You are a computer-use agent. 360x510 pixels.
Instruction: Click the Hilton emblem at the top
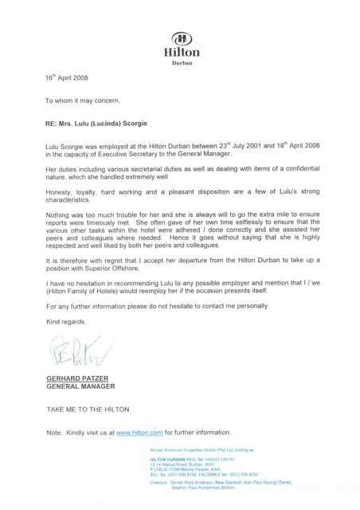(x=182, y=38)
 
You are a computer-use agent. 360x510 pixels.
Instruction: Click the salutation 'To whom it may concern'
(x=83, y=101)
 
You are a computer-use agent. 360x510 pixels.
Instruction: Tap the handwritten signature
(x=71, y=350)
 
